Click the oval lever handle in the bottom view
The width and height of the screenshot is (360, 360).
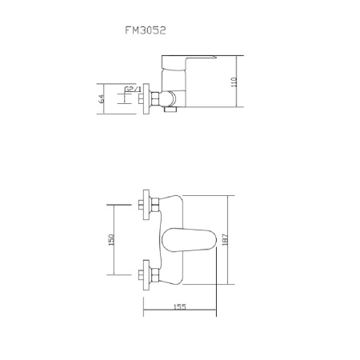point(190,239)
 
